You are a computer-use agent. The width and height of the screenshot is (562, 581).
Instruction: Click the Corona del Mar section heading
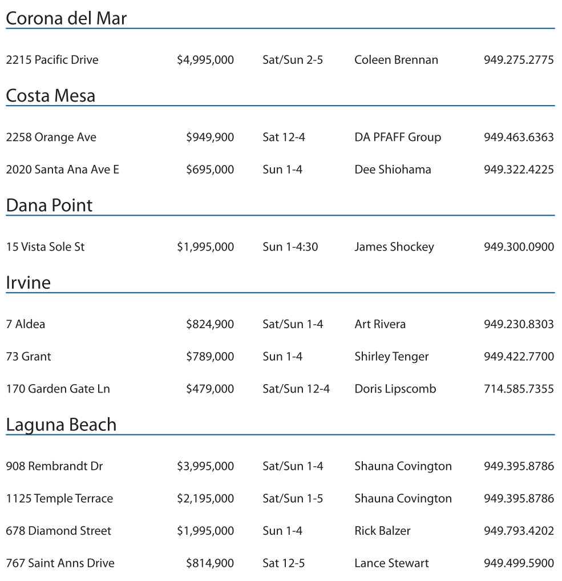pos(66,18)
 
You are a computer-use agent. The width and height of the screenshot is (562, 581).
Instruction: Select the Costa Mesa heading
pos(50,95)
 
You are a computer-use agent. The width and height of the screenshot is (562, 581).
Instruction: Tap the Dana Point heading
pos(49,205)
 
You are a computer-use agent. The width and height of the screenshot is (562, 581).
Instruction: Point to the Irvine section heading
pos(28,283)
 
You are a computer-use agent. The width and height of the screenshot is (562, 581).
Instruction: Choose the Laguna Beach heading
pos(61,425)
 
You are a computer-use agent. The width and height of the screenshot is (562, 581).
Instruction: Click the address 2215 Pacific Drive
pos(52,60)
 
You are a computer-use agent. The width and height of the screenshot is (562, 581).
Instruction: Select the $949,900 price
pos(210,137)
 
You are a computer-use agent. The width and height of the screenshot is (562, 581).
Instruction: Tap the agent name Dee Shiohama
pos(393,170)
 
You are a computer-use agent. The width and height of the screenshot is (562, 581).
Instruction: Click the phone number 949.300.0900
pos(519,247)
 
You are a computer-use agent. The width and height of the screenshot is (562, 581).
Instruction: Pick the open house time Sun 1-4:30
pos(290,247)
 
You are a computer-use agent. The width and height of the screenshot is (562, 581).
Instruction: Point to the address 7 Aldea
pos(26,324)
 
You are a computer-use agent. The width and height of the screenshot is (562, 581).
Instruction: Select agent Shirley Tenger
pos(391,357)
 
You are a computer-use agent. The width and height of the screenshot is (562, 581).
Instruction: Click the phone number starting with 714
pos(519,389)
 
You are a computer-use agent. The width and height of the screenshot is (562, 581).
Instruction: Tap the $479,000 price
pos(210,389)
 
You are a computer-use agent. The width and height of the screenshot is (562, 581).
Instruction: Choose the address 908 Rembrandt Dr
pos(54,466)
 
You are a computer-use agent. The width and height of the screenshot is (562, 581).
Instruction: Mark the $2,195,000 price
pos(205,498)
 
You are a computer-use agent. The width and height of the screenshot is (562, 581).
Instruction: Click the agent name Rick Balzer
pos(382,531)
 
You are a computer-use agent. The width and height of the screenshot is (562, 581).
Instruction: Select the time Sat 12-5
pos(284,563)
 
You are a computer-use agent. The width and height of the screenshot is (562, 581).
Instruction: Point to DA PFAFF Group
pos(398,137)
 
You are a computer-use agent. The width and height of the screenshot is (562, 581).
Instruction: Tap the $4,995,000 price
pos(205,60)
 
